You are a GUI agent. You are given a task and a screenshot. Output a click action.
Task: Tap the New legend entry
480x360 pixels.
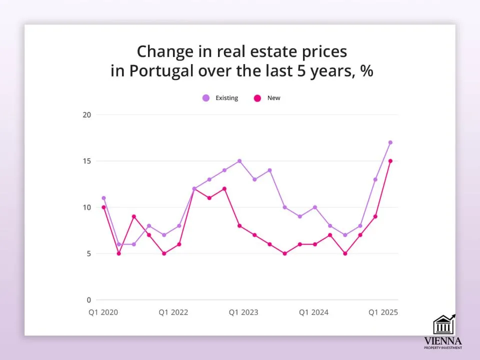tap(268, 98)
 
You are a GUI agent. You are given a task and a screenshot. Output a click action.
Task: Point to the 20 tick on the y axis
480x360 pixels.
tap(87, 114)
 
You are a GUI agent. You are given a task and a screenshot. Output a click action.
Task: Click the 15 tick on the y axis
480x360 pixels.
tap(87, 161)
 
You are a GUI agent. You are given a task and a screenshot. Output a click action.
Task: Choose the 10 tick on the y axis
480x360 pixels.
tap(87, 207)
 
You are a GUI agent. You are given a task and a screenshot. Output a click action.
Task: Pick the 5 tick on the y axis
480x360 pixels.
tap(88, 253)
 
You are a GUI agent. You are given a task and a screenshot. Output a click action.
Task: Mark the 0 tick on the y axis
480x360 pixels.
tap(88, 300)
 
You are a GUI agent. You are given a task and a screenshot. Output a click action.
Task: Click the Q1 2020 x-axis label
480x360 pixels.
tap(103, 312)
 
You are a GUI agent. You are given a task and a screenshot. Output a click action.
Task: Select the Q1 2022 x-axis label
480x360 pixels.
tap(173, 312)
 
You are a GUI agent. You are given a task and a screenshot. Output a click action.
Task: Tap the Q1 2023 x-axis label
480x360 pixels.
tap(243, 312)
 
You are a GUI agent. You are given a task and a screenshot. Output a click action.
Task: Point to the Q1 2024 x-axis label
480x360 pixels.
tap(313, 312)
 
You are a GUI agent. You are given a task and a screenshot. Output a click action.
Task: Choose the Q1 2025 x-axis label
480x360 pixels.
tap(383, 312)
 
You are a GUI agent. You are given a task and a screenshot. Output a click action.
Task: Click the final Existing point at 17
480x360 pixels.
tap(390, 142)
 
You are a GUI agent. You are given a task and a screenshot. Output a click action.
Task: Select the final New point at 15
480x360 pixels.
tap(390, 161)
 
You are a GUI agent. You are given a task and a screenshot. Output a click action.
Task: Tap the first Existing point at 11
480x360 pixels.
tap(103, 198)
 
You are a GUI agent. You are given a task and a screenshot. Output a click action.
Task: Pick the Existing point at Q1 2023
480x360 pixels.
tap(239, 161)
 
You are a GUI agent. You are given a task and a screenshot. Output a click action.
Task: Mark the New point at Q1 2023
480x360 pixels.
tap(239, 226)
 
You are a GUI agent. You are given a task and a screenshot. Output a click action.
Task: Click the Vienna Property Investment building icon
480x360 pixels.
tap(443, 325)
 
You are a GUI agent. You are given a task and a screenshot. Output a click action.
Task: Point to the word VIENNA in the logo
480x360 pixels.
tap(442, 340)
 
